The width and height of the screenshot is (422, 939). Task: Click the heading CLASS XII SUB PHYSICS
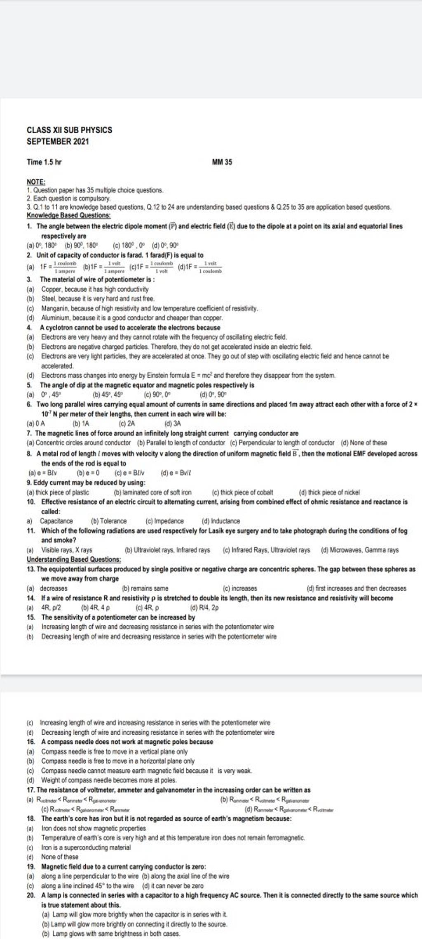pos(69,130)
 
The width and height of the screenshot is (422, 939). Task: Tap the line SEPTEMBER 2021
pos(57,142)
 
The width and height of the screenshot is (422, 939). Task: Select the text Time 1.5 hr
pos(45,162)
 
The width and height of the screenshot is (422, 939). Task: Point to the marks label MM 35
pos(222,162)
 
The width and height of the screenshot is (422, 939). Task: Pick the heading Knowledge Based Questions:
pos(68,215)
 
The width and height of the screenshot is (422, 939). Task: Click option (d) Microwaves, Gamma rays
pos(359,550)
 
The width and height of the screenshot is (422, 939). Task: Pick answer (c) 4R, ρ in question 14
pos(147,608)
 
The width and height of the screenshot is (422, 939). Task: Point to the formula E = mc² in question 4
pos(196,376)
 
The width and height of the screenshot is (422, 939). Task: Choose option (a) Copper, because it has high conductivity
pos(95,289)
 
